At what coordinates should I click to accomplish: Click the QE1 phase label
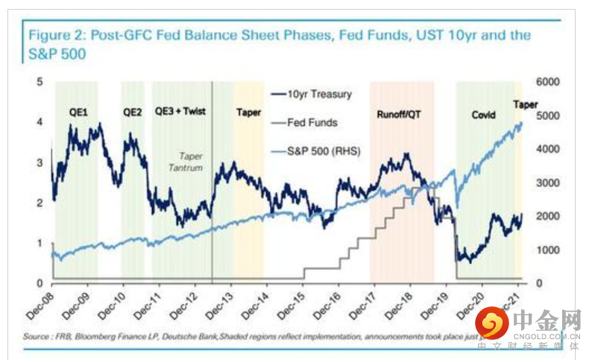(72, 113)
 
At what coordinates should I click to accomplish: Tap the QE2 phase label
(132, 113)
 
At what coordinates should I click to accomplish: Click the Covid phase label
(485, 115)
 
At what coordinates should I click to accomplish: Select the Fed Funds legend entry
(312, 123)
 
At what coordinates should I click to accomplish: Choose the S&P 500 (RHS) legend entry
(324, 151)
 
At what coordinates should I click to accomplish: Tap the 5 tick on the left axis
(39, 81)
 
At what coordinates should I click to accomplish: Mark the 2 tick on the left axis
(39, 203)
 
